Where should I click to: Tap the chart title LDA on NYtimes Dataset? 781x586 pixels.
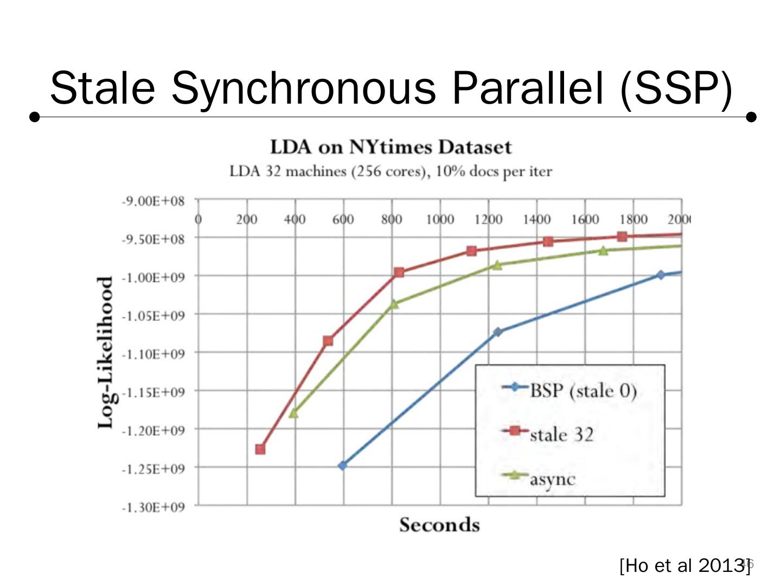pos(390,147)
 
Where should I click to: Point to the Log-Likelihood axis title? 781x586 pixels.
pos(106,353)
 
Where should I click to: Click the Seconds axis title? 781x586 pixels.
pos(439,525)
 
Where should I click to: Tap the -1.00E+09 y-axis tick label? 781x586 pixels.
pos(153,277)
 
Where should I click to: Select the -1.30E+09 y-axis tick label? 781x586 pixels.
pos(153,507)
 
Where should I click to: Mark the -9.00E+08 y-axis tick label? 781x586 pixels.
pos(153,201)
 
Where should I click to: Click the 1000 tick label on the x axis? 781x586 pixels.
pos(439,219)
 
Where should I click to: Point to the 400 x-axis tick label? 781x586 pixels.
pos(295,219)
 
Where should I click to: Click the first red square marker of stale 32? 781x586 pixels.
pos(260,449)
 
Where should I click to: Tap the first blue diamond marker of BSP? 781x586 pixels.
pos(342,466)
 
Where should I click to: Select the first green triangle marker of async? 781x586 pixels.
pos(294,413)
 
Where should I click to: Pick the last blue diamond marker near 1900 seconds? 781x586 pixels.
pos(661,275)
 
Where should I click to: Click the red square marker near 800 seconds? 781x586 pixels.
pos(399,272)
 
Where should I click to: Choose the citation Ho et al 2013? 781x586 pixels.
pos(684,565)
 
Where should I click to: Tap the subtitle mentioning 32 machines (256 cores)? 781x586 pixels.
pos(390,171)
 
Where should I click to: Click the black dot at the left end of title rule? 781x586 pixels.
pos(35,117)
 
